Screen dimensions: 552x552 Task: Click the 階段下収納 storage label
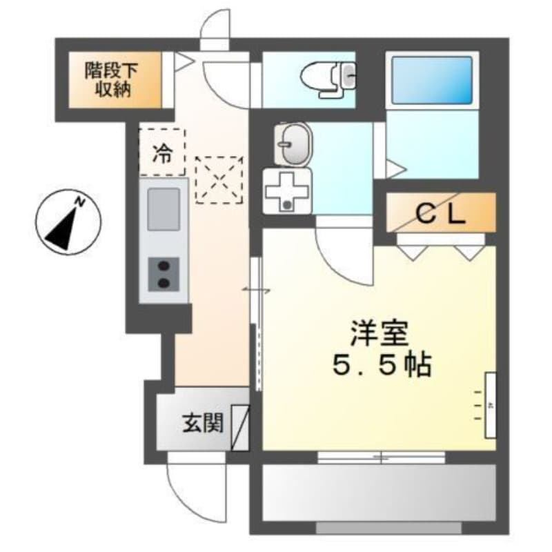point(108,79)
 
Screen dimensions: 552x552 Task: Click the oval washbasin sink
point(293,144)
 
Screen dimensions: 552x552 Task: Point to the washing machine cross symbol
point(287,190)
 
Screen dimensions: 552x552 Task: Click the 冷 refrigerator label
point(161,152)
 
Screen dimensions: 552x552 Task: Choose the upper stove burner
point(164,266)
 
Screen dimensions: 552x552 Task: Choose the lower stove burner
point(164,282)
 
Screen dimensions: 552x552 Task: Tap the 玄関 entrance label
point(202,423)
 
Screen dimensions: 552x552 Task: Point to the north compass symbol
point(68,223)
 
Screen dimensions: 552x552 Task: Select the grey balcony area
point(379,491)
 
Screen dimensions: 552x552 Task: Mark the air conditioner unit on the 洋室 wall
point(490,405)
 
